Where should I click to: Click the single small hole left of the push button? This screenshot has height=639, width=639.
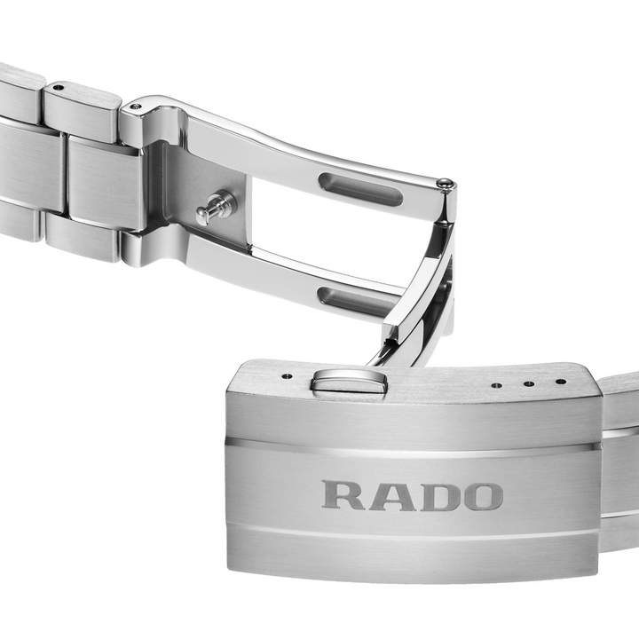(289, 375)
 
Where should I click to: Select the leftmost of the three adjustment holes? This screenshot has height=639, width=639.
(496, 385)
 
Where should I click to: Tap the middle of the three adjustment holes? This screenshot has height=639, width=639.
(529, 383)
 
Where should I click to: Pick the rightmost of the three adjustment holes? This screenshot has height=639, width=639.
(561, 382)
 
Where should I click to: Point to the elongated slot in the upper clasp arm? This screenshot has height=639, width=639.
(361, 189)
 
